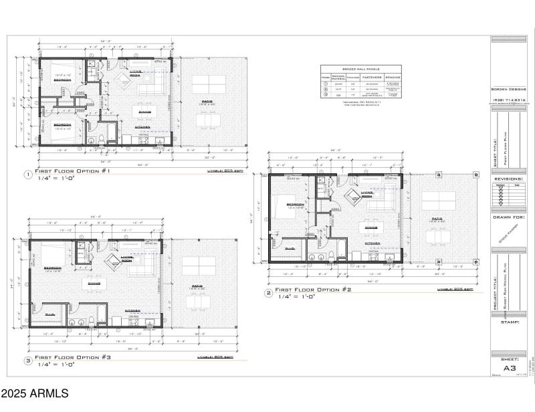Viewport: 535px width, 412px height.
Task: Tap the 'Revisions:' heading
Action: point(510,179)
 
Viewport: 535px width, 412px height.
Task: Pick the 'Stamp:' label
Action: point(508,322)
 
